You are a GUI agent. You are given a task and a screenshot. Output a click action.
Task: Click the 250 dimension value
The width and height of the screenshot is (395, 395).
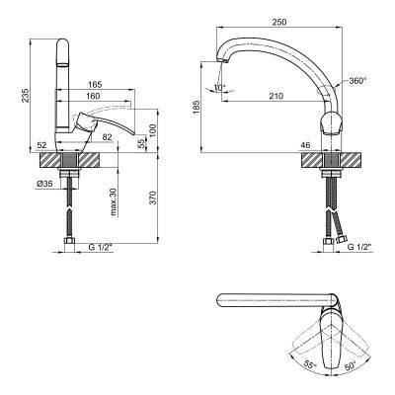click(279, 23)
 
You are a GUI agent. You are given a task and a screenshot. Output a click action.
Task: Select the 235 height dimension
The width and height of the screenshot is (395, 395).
click(26, 95)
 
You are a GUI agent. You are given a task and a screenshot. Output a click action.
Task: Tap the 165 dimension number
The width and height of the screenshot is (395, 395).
click(95, 85)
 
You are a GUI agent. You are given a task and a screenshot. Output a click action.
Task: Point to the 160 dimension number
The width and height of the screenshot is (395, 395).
click(93, 96)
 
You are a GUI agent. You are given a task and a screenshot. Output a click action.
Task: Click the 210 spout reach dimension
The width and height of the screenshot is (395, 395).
click(276, 96)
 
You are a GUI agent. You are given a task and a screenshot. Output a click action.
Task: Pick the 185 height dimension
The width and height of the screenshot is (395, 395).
click(197, 108)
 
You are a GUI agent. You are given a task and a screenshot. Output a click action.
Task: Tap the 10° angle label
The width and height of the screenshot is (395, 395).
click(219, 88)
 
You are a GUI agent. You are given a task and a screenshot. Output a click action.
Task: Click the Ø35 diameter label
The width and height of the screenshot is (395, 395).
click(44, 185)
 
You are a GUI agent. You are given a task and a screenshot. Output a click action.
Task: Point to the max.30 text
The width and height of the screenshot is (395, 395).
click(114, 201)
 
